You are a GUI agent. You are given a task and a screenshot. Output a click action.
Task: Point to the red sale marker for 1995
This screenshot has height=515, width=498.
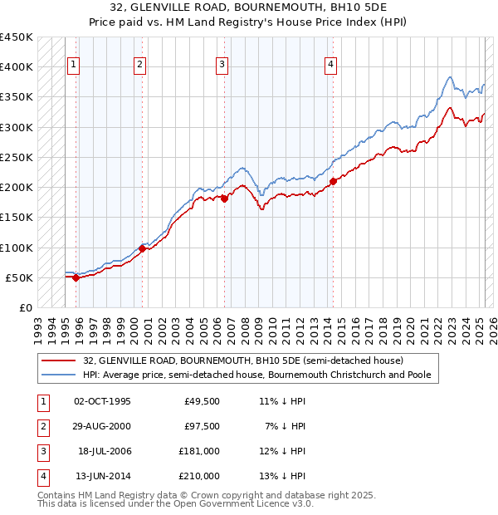coord(76,277)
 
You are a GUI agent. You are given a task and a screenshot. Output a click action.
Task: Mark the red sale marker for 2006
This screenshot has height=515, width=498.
coord(225,199)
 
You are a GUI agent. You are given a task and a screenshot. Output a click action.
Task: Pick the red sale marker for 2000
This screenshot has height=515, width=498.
coord(143,248)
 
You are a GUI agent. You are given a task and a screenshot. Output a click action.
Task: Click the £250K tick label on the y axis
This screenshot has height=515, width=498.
coord(17,157)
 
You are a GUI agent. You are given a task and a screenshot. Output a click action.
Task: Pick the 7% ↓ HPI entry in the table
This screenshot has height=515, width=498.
coord(286,425)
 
